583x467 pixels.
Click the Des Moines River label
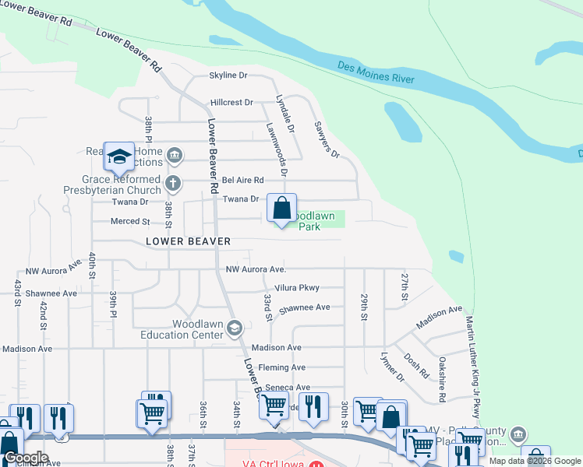click(376, 73)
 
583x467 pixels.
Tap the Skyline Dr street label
click(228, 75)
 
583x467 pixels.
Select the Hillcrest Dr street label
click(231, 102)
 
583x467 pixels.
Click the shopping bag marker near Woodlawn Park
click(282, 209)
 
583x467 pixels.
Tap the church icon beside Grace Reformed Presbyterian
click(173, 184)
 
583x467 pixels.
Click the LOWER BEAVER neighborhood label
click(188, 241)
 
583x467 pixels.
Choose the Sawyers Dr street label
click(327, 139)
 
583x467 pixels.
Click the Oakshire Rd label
click(442, 379)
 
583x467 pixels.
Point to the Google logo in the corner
click(26, 458)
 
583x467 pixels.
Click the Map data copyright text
click(535, 461)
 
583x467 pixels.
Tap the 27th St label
click(405, 286)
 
